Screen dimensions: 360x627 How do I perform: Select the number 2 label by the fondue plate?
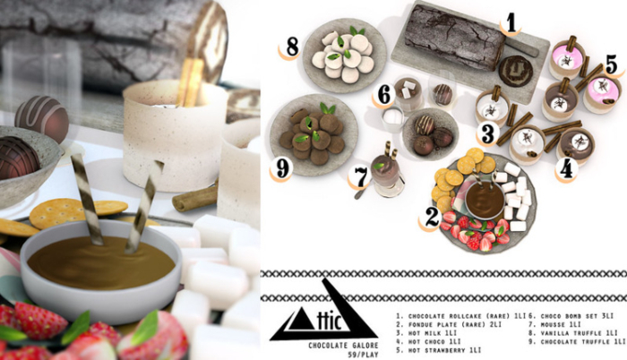pyautogui.click(x=432, y=216)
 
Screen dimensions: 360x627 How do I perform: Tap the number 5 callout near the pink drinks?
pyautogui.click(x=610, y=64)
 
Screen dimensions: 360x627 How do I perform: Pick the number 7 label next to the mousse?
pyautogui.click(x=361, y=176)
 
